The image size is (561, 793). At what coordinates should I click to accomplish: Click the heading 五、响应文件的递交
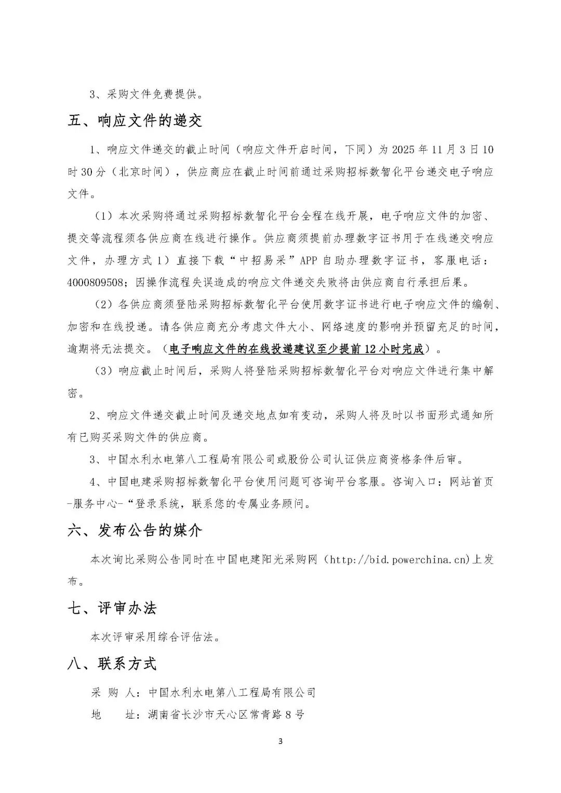(x=135, y=121)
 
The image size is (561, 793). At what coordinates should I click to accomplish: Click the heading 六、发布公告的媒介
(x=135, y=530)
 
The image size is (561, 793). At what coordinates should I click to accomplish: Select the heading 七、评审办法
(x=112, y=608)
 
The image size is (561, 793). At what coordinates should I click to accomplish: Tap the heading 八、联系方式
(x=112, y=663)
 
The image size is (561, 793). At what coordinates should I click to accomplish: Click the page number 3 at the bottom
(x=280, y=741)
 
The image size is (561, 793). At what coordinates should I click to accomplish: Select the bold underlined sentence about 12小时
(x=296, y=348)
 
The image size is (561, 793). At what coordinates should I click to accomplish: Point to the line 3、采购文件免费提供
(x=147, y=95)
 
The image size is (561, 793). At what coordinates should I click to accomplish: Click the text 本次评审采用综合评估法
(x=155, y=637)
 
